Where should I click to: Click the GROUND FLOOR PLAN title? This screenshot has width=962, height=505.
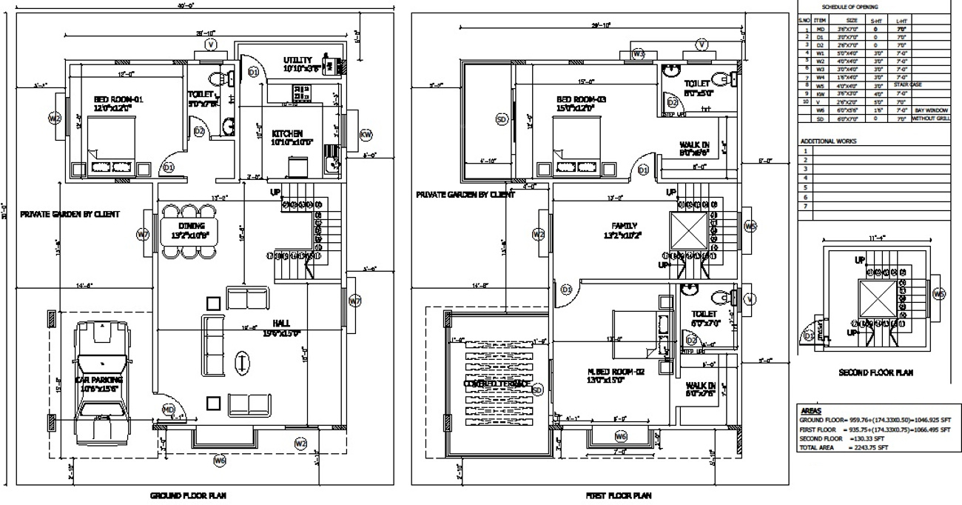(193, 496)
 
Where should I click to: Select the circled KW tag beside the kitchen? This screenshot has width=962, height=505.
(366, 135)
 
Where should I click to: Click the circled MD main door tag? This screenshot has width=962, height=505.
(169, 409)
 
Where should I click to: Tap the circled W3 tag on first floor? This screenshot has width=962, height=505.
(638, 54)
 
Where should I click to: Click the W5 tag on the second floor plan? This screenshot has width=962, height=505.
(939, 295)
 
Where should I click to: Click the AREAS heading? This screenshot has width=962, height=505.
(812, 409)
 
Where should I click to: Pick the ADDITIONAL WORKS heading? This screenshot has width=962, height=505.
(828, 140)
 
